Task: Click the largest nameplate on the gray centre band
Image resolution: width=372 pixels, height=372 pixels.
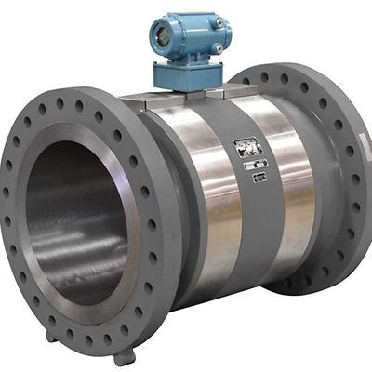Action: pos(247,147)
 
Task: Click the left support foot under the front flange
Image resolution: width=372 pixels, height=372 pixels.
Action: pos(57,338)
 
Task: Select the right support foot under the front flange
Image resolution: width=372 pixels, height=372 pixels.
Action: pos(123,354)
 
